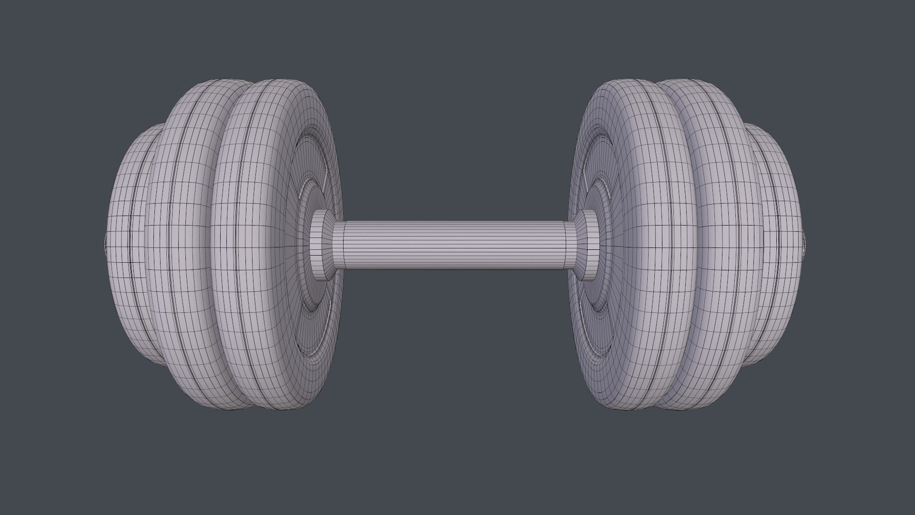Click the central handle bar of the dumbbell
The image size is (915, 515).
[453, 244]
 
